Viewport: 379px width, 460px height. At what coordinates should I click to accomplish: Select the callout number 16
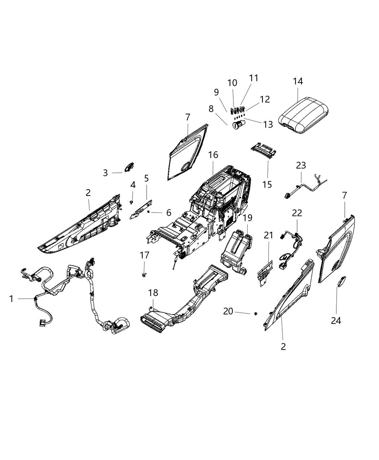213,155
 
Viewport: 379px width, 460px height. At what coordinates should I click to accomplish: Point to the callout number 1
11,299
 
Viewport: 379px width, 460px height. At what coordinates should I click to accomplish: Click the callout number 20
228,311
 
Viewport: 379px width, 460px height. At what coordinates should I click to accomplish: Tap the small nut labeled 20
255,314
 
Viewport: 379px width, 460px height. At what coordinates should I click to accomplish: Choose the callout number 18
153,293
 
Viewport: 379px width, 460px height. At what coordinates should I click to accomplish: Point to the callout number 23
301,165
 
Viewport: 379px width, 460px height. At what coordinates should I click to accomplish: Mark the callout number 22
297,213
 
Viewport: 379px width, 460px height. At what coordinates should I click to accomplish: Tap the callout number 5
146,178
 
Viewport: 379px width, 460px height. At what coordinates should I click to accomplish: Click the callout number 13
268,124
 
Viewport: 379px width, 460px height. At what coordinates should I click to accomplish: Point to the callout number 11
254,78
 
